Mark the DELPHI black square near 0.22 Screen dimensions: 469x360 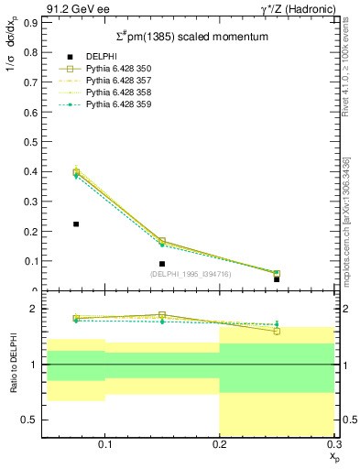point(76,224)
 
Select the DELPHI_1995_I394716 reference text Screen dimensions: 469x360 point(189,274)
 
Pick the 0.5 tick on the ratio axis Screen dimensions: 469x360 point(30,420)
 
